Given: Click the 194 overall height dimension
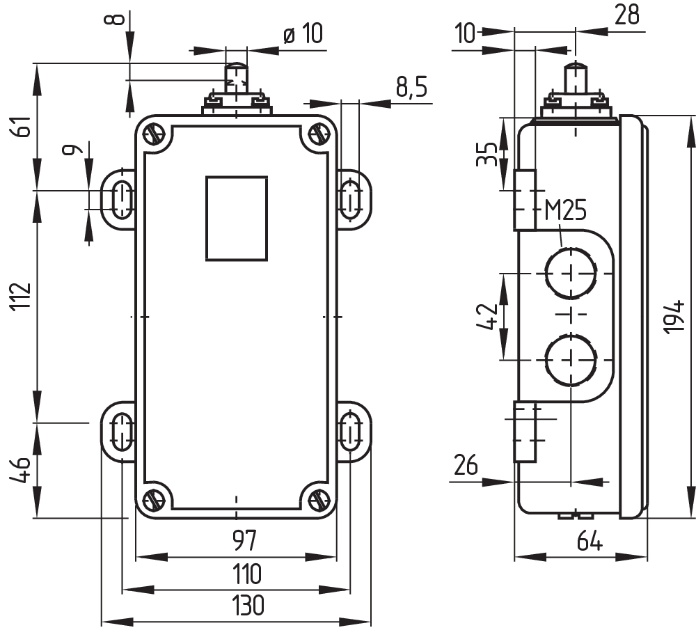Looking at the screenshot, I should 674,317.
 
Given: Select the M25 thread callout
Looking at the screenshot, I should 564,210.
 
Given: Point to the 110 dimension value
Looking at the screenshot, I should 246,574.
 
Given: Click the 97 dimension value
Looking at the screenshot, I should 240,540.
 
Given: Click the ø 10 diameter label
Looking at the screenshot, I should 303,34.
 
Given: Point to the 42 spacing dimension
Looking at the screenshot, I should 489,315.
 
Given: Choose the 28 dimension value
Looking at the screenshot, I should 627,15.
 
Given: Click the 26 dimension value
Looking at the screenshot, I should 466,464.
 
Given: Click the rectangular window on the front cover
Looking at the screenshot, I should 236,218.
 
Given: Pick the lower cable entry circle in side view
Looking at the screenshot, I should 571,359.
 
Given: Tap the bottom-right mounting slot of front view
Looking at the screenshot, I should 350,432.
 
